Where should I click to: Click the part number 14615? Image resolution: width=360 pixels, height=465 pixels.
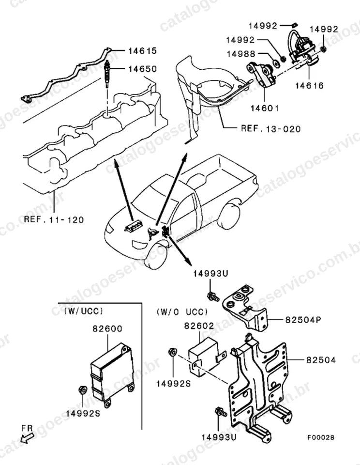pyautogui.click(x=142, y=51)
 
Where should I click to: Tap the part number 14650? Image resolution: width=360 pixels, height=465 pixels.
pyautogui.click(x=142, y=69)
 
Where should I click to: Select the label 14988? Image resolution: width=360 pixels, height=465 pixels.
pyautogui.click(x=241, y=54)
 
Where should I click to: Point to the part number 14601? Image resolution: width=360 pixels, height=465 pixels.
pyautogui.click(x=265, y=108)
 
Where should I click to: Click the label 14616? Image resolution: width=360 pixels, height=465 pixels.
pyautogui.click(x=309, y=86)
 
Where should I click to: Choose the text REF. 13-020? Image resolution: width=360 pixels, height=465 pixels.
pyautogui.click(x=271, y=129)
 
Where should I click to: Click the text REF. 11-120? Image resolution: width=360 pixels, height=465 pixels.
pyautogui.click(x=54, y=220)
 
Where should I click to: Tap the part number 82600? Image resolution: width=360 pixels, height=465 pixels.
pyautogui.click(x=107, y=328)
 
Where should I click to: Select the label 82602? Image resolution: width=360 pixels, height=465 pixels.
pyautogui.click(x=199, y=325)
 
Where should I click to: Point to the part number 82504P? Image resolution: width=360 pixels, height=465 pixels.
pyautogui.click(x=303, y=320)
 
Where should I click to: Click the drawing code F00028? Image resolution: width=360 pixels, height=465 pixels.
pyautogui.click(x=321, y=437)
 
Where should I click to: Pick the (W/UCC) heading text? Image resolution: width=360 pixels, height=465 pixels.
pyautogui.click(x=84, y=311)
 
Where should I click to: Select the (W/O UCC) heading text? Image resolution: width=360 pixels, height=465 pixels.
pyautogui.click(x=182, y=311)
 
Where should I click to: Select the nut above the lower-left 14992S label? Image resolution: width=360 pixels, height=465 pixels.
pyautogui.click(x=82, y=390)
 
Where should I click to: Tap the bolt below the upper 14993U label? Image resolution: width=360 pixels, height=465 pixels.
pyautogui.click(x=213, y=296)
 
